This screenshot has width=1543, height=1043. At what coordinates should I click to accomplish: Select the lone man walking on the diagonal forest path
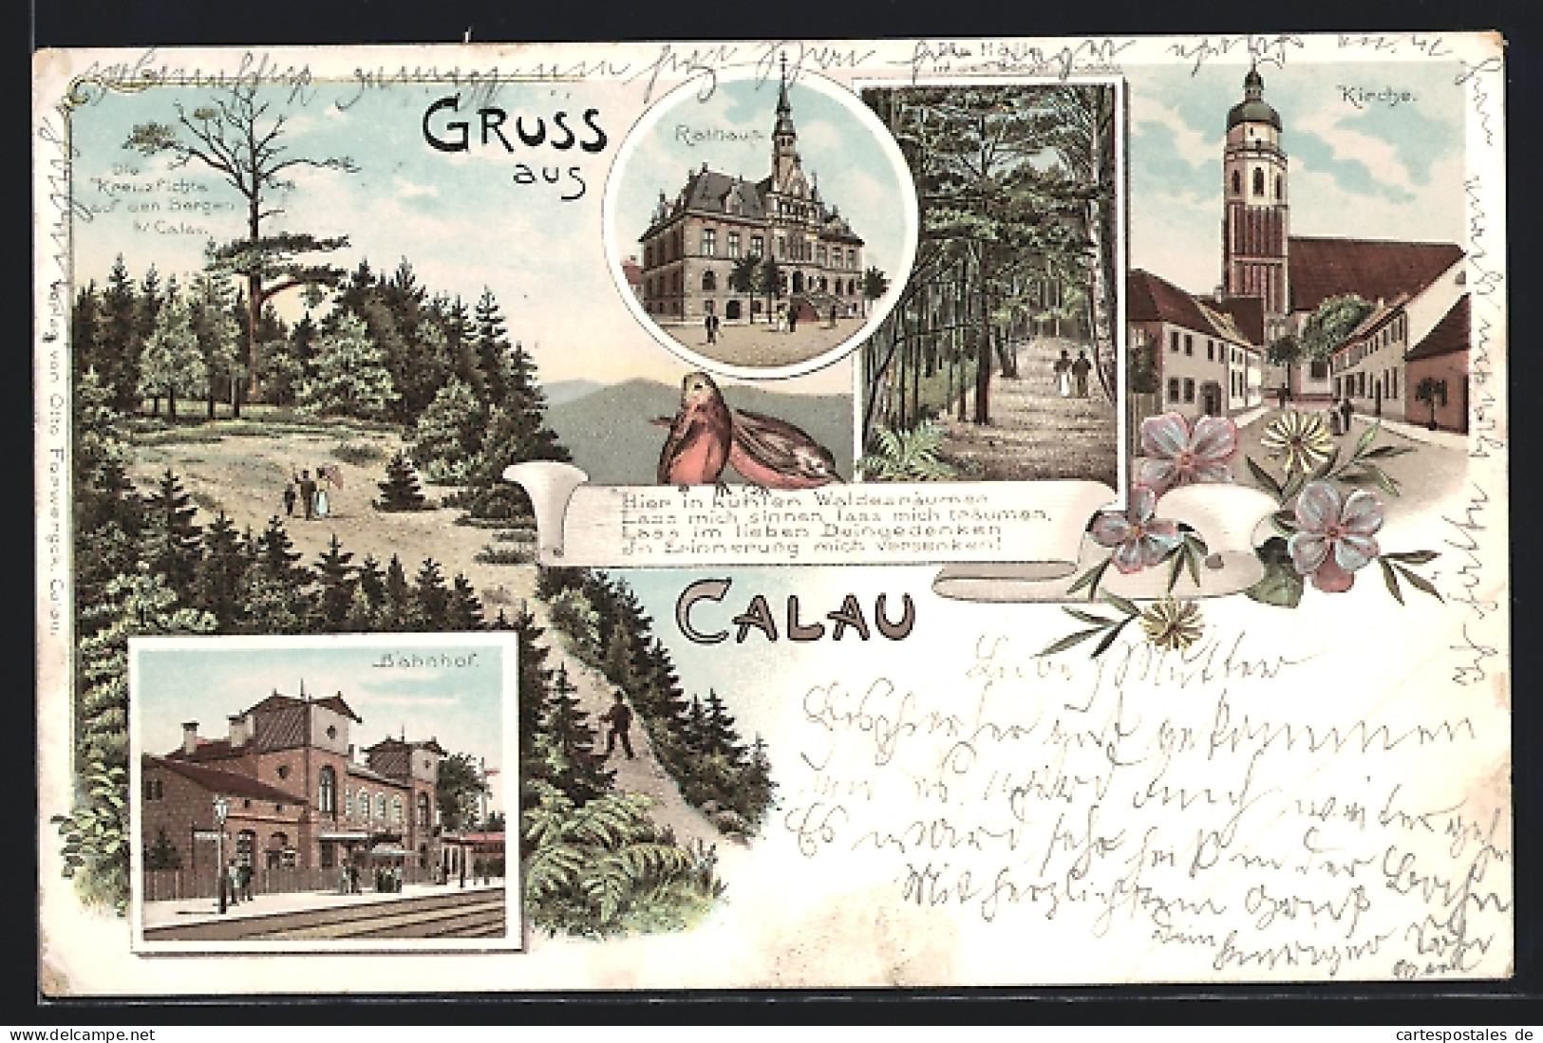point(618,726)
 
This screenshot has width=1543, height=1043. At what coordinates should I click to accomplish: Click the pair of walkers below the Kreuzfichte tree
point(306,492)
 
